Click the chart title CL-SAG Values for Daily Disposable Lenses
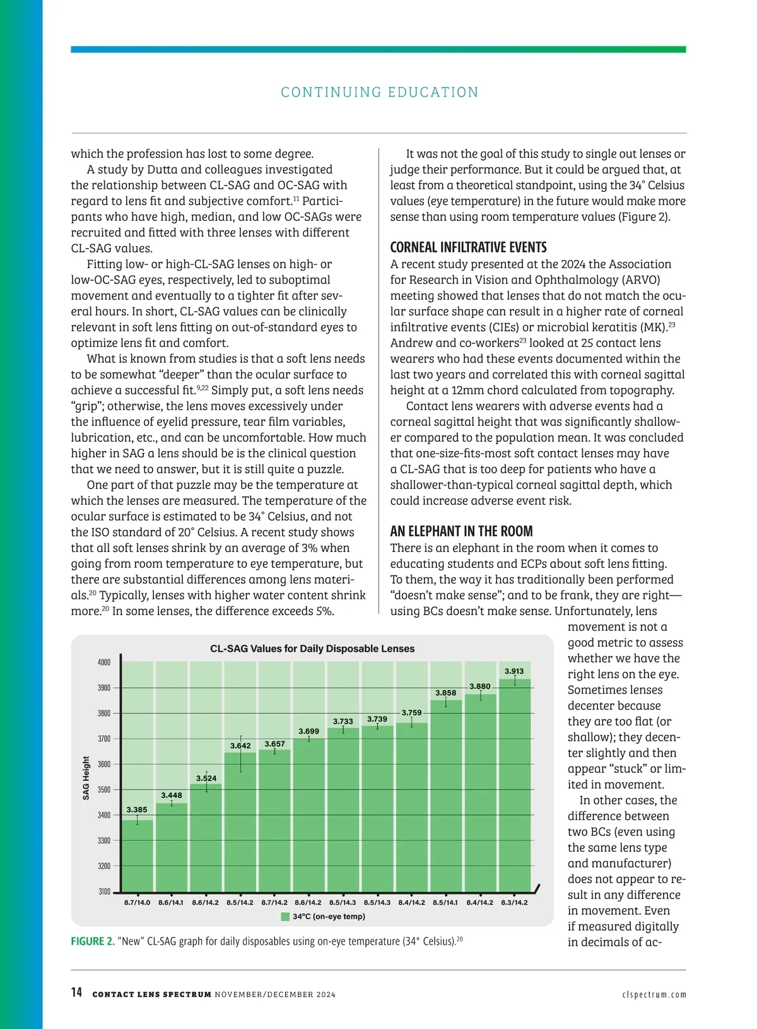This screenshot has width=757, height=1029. coord(312,649)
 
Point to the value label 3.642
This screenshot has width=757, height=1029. coord(240,746)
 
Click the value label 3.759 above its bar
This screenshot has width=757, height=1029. coord(411,713)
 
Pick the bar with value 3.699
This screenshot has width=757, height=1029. coord(308,814)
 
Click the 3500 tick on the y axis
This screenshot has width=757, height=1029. coord(104,790)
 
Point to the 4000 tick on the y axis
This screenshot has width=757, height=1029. coord(104,662)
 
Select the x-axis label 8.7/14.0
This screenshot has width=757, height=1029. coord(137,903)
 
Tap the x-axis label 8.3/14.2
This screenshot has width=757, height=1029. coord(514,903)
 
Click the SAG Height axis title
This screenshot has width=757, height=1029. coord(86,778)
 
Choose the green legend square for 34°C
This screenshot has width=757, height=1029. coord(285,917)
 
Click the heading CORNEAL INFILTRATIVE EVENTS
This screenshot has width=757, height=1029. coord(468,247)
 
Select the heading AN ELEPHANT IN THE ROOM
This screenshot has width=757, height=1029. coord(461,531)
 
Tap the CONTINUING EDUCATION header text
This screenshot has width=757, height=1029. coord(380,92)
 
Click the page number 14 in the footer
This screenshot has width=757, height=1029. coord(76,993)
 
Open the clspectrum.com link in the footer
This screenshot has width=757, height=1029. coord(654,995)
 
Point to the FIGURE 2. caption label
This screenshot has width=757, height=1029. coord(93,941)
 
